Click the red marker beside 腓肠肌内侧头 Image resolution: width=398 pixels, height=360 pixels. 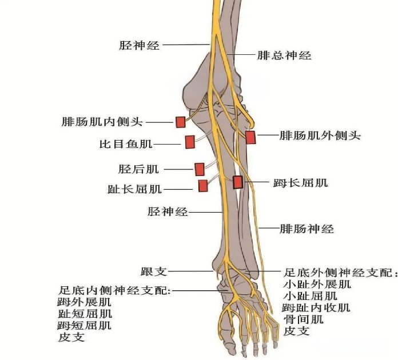tap(181, 122)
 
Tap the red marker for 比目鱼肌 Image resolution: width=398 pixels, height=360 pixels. tap(190, 142)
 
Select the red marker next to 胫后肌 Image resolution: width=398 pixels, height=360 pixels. tap(199, 169)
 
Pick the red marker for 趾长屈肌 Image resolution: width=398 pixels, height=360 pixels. tap(203, 186)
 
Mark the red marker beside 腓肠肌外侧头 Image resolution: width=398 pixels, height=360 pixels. tap(250, 137)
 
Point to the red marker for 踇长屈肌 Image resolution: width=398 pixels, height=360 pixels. tap(238, 182)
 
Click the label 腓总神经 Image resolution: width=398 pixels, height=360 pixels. tap(284, 55)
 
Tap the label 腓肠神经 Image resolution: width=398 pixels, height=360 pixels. tap(307, 229)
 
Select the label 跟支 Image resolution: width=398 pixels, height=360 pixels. tap(154, 271)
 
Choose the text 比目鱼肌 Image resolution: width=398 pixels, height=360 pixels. tap(126, 144)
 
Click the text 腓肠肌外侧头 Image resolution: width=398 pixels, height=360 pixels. tap(320, 135)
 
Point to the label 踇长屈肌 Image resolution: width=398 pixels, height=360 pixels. tap(301, 183)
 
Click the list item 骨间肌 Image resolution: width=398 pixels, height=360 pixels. tap(303, 319)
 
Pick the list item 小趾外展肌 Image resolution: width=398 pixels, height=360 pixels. tap(317, 284)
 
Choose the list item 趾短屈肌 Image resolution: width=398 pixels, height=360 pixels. tap(85, 314)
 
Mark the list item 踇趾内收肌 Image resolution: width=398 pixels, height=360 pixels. tap(316, 307)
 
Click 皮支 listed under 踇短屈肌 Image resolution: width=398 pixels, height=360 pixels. tap(71, 337)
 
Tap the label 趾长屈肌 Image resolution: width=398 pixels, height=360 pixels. tap(134, 189)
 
